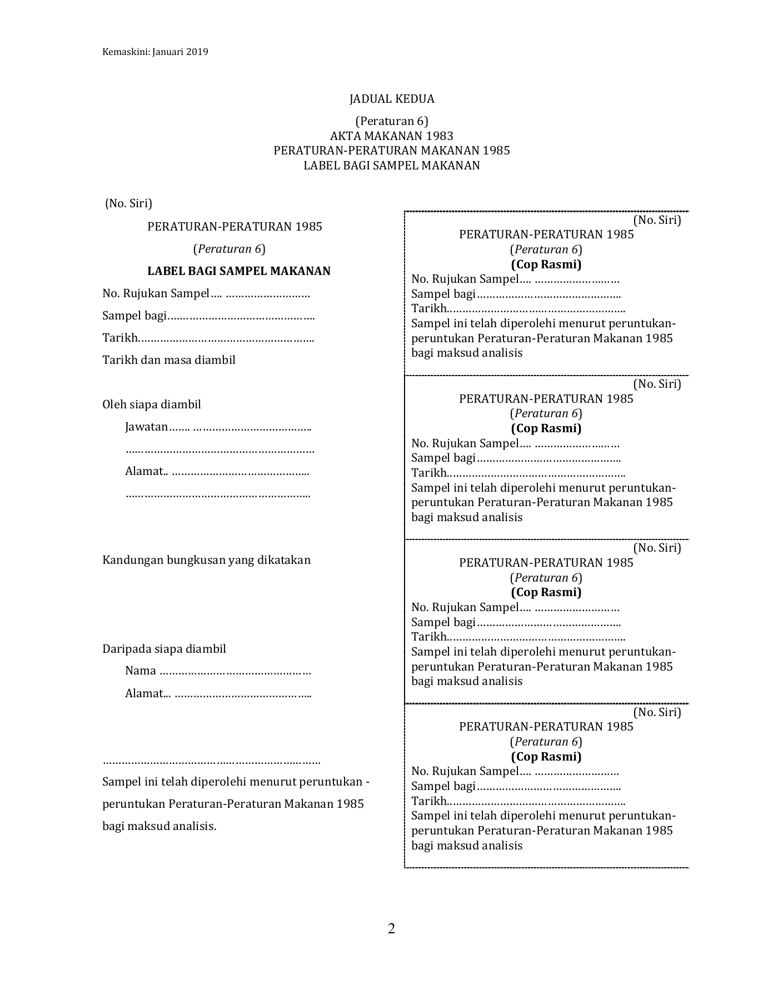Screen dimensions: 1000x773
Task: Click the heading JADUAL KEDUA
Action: (x=391, y=99)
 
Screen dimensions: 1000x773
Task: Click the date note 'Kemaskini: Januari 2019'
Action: (x=155, y=52)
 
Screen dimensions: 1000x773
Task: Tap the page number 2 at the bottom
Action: (x=391, y=929)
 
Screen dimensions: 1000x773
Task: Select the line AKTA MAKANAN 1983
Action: (x=391, y=136)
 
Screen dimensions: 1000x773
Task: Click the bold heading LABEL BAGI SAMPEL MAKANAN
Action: (x=238, y=271)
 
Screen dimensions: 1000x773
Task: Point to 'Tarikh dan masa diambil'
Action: (x=168, y=360)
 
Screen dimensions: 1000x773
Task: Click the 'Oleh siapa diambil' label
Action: (x=151, y=404)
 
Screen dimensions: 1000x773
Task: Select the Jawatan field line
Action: (x=218, y=427)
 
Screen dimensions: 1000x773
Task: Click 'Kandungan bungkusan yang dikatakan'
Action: (x=206, y=560)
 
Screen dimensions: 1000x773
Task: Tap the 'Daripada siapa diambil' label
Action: (x=164, y=649)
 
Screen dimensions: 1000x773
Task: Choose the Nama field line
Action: (x=218, y=671)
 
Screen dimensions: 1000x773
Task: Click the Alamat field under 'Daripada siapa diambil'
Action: (x=218, y=693)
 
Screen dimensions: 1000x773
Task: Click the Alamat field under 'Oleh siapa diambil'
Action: (x=217, y=472)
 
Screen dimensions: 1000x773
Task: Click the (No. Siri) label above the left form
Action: (x=128, y=203)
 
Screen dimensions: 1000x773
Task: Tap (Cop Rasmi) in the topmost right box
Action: (x=546, y=264)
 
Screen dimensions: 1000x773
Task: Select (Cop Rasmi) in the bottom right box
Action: (x=546, y=757)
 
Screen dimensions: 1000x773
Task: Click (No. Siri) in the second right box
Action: (x=657, y=383)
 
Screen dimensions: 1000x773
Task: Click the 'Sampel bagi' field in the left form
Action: (x=208, y=316)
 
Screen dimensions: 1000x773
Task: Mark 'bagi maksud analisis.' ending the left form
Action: (x=159, y=826)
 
